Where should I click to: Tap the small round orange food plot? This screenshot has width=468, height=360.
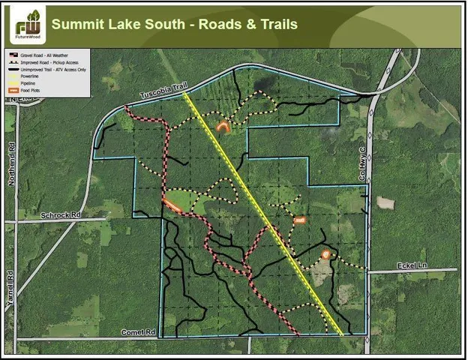(325, 254)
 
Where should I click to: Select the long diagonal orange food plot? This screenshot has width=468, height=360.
(172, 204)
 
